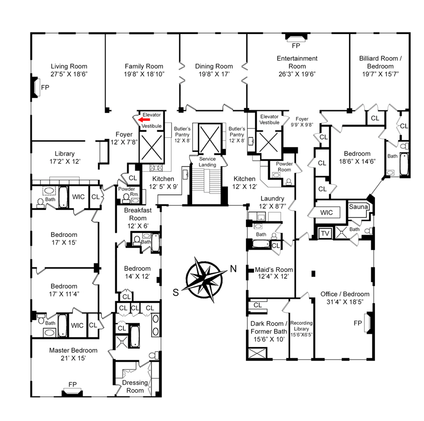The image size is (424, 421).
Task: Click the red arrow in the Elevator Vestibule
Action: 144,120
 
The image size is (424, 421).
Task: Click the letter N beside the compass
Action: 233,269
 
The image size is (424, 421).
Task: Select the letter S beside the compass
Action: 176,292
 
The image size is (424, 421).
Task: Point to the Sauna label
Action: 359,207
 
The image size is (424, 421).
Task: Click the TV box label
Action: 325,233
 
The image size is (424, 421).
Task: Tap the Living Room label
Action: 69,66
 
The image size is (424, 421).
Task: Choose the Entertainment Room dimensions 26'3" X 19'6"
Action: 297,74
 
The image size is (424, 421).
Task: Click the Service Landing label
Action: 207,162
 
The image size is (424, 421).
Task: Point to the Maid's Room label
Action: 274,269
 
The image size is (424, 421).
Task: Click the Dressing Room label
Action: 135,387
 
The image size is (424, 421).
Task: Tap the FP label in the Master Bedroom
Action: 73,384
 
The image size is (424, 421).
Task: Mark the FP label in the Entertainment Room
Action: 296,46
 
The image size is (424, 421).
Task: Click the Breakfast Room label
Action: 138,214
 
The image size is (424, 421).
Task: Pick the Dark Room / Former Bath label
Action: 269,327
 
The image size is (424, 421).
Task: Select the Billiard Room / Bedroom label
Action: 381,62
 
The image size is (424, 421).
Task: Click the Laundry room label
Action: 272,199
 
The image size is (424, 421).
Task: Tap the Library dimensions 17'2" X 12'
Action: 65,161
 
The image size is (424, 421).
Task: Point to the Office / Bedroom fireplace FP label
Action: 358,323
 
